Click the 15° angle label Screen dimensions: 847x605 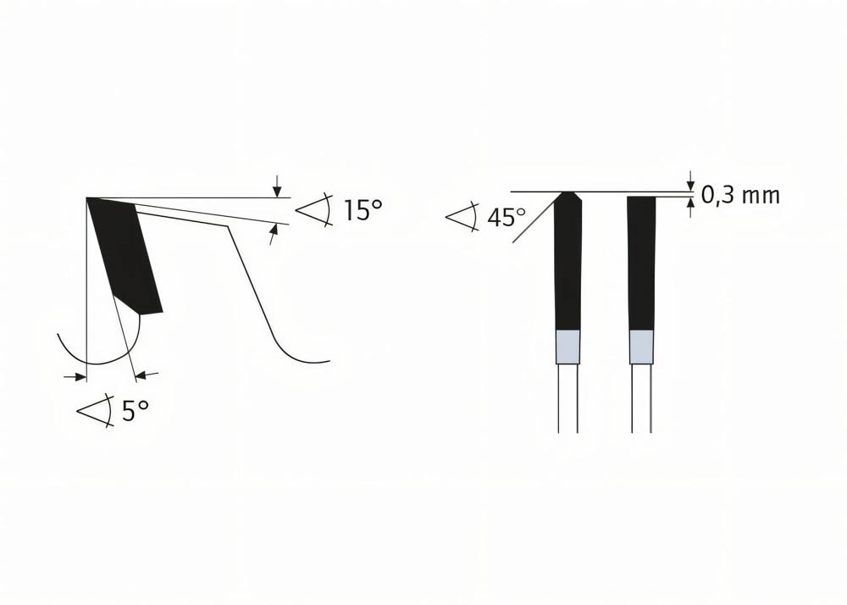coord(363,209)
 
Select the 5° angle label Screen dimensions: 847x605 coord(135,411)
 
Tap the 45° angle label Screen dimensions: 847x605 coord(507,217)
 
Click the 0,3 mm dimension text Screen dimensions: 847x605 coord(740,195)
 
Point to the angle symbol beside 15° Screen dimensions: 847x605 coord(314,209)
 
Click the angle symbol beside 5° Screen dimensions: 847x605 coord(95,411)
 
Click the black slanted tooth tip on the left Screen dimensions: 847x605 coord(125,255)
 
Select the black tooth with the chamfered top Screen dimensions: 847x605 coord(568,261)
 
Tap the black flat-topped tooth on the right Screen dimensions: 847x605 coord(642,264)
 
